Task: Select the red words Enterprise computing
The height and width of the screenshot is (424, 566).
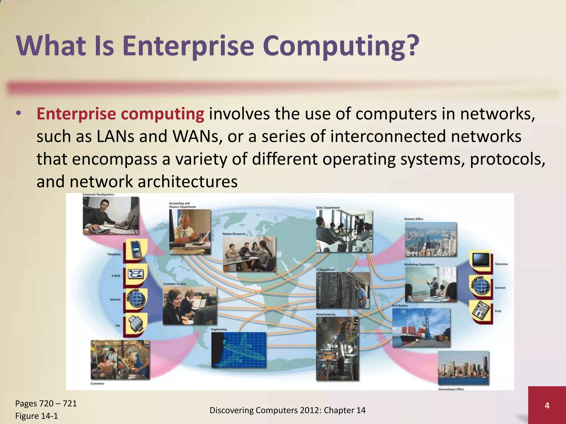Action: (x=120, y=114)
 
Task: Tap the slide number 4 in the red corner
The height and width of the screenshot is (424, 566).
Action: (x=547, y=406)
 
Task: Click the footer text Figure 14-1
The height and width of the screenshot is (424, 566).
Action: (x=36, y=416)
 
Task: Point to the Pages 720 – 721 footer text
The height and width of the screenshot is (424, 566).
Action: (x=46, y=404)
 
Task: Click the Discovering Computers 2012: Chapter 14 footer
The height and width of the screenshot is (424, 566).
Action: (x=287, y=410)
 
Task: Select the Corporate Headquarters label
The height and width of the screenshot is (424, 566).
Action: (x=98, y=195)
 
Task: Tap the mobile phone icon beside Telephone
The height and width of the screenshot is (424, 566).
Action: (x=136, y=249)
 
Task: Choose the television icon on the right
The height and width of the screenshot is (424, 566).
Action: (x=481, y=259)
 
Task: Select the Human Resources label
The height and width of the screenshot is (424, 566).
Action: (x=234, y=234)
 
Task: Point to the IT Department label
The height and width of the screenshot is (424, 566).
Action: (x=326, y=270)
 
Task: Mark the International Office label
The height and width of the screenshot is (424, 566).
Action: (x=451, y=389)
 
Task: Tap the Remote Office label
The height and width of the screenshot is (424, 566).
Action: (x=414, y=219)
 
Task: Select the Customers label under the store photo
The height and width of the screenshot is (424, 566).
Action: (x=97, y=383)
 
